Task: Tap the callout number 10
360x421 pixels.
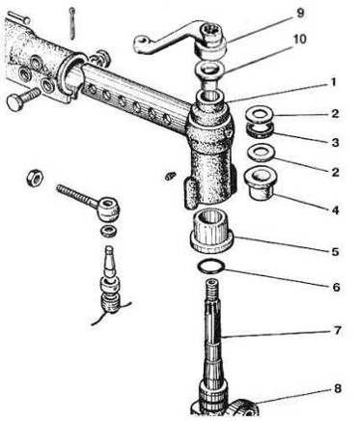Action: (299, 40)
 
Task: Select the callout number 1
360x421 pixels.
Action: (333, 82)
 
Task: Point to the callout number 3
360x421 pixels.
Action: (335, 142)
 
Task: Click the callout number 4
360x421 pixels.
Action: (335, 210)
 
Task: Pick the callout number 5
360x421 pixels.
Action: (335, 251)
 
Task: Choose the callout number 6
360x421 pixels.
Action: (336, 287)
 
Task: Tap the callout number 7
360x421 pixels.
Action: (337, 330)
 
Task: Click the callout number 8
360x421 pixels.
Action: (337, 389)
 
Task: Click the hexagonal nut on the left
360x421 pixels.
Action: (35, 178)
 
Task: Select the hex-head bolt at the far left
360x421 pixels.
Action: (22, 98)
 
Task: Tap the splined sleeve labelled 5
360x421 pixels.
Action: (211, 230)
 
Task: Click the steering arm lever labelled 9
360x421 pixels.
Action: (180, 39)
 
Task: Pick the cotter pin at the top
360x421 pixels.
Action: (72, 23)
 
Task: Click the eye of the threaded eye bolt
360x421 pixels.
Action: (109, 210)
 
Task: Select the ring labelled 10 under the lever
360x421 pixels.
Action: (209, 70)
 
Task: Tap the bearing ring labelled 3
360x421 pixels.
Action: (260, 130)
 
